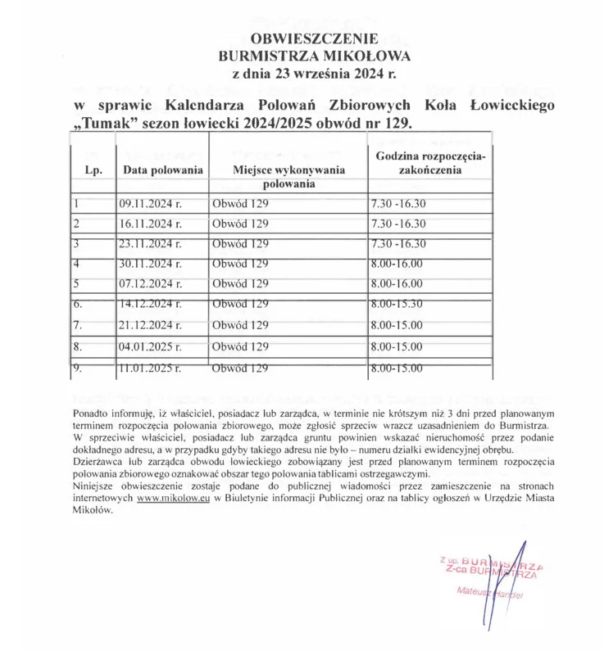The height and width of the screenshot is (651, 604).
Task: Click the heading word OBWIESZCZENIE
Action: (x=315, y=38)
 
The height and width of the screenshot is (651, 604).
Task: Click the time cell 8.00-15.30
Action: (x=397, y=304)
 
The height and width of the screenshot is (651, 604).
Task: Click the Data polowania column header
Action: (x=163, y=170)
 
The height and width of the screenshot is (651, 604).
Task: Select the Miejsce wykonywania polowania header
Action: (x=289, y=177)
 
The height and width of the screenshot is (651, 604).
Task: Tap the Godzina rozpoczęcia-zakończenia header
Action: (x=431, y=163)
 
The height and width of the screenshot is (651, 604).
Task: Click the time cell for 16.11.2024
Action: (x=398, y=224)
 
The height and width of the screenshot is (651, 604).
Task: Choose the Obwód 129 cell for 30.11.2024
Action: (x=240, y=264)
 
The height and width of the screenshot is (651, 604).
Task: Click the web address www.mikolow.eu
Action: (x=170, y=497)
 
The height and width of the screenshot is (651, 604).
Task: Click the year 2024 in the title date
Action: (x=370, y=74)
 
